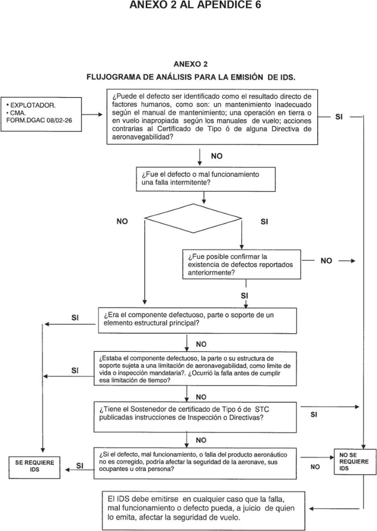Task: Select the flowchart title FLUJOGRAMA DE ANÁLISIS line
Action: point(191,77)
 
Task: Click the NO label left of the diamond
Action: point(122,222)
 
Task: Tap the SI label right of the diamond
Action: point(264,222)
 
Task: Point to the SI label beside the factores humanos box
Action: point(339,116)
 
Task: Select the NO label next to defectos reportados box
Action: point(326,261)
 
